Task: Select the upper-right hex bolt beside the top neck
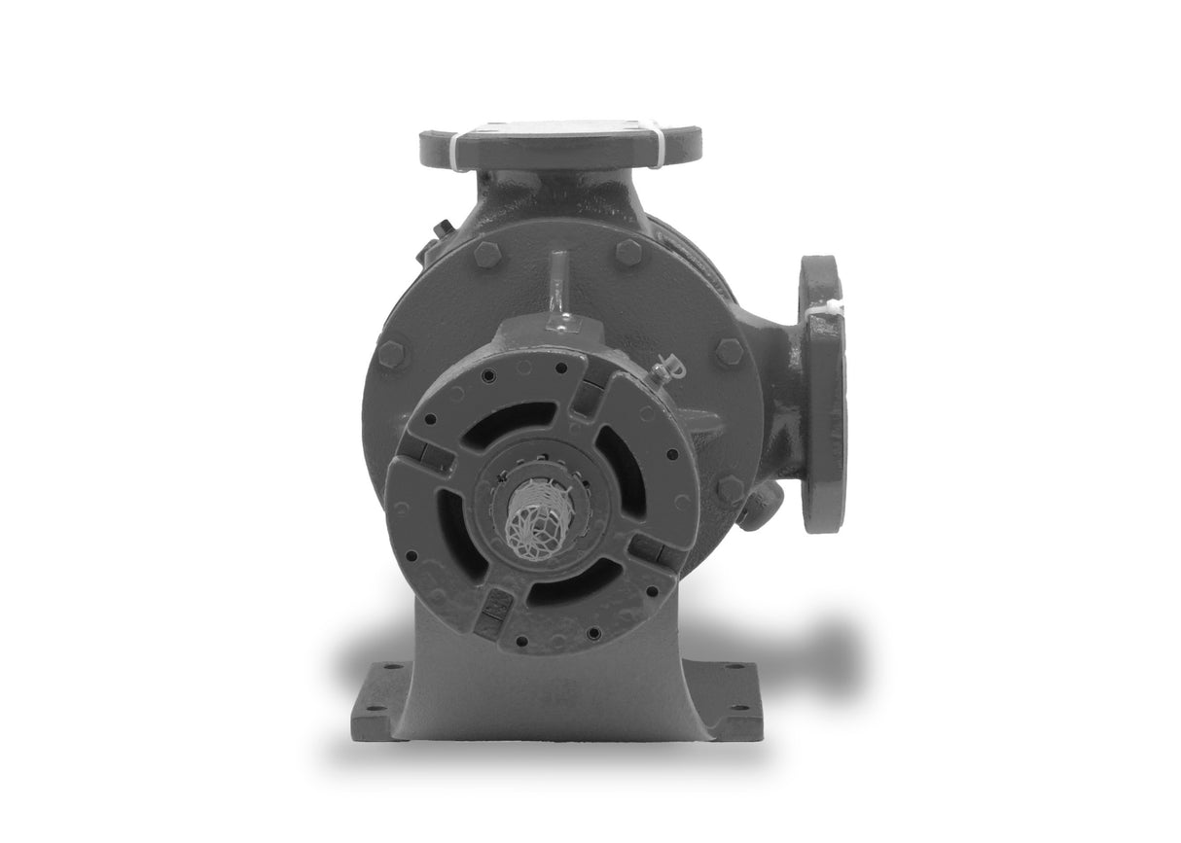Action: tap(627, 253)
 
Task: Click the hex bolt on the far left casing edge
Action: tap(391, 355)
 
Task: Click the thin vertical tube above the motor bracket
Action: tap(556, 290)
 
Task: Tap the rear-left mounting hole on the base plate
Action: tap(392, 667)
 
